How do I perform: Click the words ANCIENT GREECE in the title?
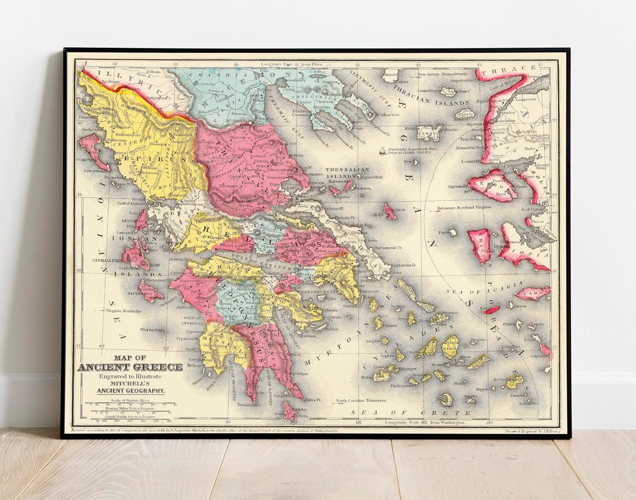tap(131, 367)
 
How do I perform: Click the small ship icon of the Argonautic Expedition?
tap(383, 150)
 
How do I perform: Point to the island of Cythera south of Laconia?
tap(291, 410)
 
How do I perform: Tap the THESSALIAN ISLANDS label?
tap(347, 173)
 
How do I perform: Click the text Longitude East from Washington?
tap(425, 423)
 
